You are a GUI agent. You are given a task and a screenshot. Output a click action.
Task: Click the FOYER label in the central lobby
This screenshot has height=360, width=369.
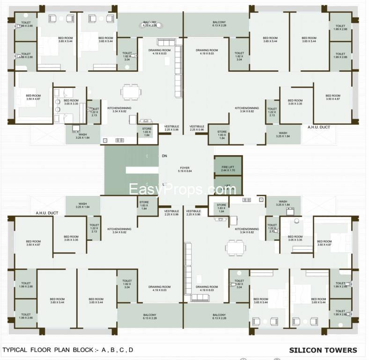pyautogui.click(x=184, y=167)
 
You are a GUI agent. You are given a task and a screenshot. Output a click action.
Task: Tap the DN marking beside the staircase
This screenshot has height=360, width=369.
pyautogui.click(x=164, y=156)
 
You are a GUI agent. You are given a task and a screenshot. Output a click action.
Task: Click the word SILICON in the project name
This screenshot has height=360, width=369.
pyautogui.click(x=305, y=350)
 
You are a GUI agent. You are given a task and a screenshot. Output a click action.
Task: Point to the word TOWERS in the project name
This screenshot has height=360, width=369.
pyautogui.click(x=340, y=350)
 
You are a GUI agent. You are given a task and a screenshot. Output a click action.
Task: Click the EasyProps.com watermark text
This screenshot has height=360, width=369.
pyautogui.click(x=183, y=189)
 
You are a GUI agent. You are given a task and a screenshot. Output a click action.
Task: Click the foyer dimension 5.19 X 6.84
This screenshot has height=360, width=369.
pyautogui.click(x=184, y=172)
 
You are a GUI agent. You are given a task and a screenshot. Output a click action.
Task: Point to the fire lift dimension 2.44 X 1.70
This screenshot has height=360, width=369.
pyautogui.click(x=228, y=170)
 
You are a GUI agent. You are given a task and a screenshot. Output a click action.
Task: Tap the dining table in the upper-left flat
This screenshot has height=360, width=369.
pyautogui.click(x=130, y=91)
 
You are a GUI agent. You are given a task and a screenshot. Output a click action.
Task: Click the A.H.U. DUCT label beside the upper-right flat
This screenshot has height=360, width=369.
pyautogui.click(x=319, y=127)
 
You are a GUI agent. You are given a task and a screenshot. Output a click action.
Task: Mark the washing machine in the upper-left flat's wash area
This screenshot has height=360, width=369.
pyautogui.click(x=76, y=128)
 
